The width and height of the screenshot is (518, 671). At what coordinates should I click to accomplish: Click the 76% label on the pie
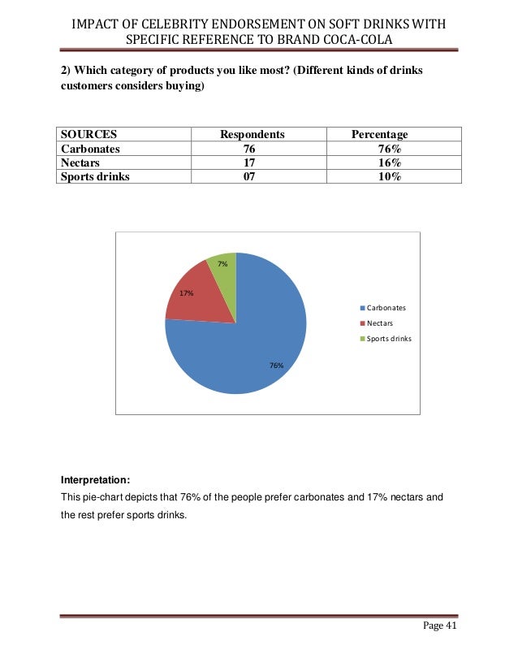[277, 366]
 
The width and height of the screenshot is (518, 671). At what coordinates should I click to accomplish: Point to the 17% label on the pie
[187, 293]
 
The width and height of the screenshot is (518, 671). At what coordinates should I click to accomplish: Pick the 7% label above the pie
[222, 263]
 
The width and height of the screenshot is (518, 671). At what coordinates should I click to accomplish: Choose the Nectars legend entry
[376, 323]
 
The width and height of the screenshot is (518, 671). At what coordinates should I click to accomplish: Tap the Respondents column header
[253, 134]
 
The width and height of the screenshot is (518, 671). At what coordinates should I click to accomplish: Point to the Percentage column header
[379, 134]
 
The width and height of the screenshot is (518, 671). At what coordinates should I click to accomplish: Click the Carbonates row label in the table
[91, 149]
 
